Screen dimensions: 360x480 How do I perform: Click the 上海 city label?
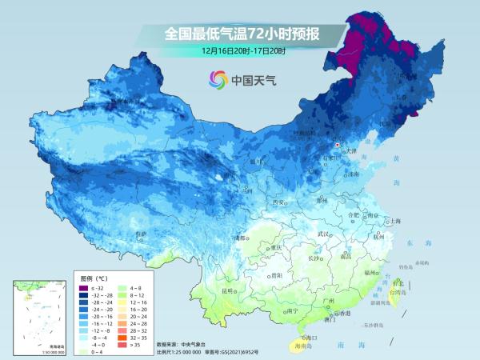tap(393, 220)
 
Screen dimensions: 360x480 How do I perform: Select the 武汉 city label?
tap(323, 233)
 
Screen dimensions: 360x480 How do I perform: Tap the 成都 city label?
tap(238, 238)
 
